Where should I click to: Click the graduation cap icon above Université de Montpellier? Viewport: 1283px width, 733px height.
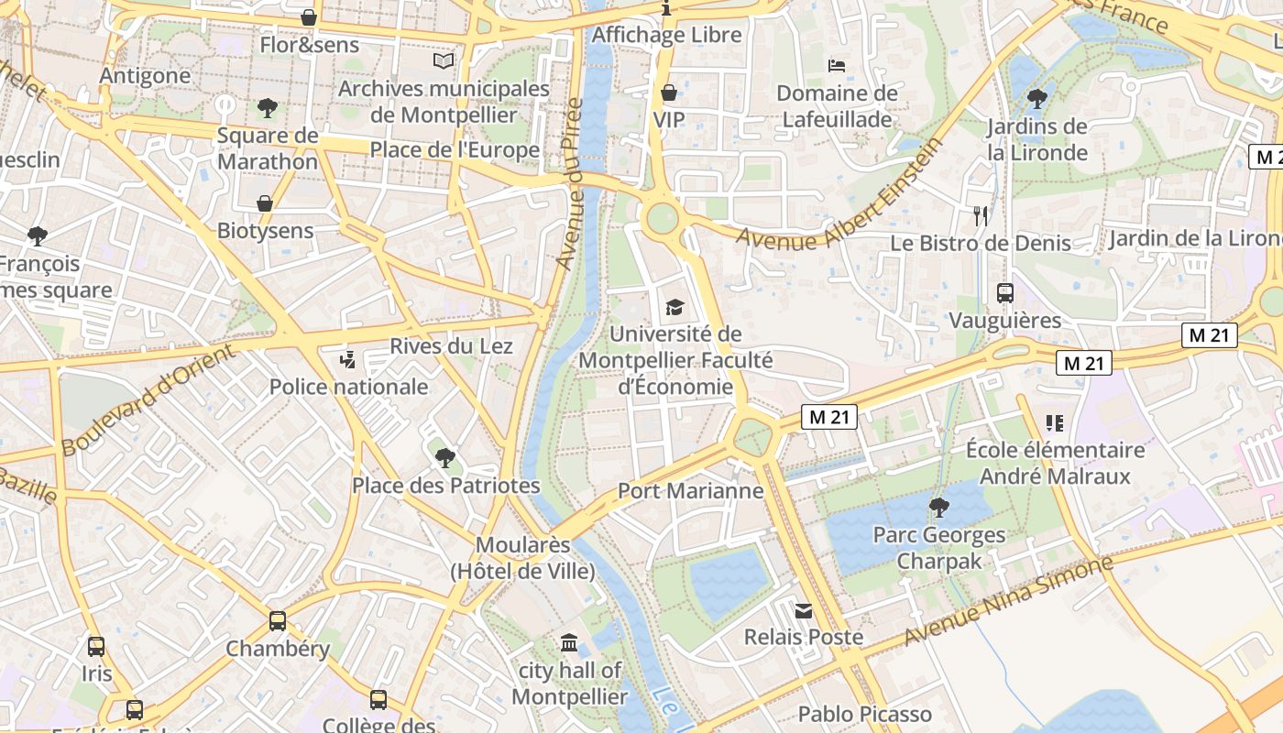point(674,307)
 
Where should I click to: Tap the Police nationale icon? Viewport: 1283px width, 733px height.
point(347,359)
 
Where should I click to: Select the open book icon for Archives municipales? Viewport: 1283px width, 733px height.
point(444,60)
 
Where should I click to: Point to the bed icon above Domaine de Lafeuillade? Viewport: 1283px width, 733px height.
point(837,65)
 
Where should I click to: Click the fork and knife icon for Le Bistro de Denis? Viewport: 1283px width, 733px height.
point(981,215)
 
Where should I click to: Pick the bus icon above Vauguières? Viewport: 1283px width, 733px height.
point(1005,293)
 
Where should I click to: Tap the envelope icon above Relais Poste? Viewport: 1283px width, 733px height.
point(804,610)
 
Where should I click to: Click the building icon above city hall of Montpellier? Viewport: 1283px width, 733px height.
point(569,643)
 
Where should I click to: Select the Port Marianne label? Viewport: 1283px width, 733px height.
point(690,491)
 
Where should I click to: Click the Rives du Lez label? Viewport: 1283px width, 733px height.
point(451,346)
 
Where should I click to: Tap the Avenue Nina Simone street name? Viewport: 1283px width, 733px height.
point(1008,599)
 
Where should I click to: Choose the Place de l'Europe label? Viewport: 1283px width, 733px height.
point(455,149)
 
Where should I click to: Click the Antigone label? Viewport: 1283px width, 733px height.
point(145,75)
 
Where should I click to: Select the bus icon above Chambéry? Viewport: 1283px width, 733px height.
point(278,621)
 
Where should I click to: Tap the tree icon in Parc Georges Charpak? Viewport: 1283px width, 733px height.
point(938,507)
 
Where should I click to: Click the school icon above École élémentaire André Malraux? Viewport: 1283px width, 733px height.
point(1054,422)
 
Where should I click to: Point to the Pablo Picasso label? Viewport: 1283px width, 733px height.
point(864,714)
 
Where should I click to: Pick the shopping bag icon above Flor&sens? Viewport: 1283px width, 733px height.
point(309,17)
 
